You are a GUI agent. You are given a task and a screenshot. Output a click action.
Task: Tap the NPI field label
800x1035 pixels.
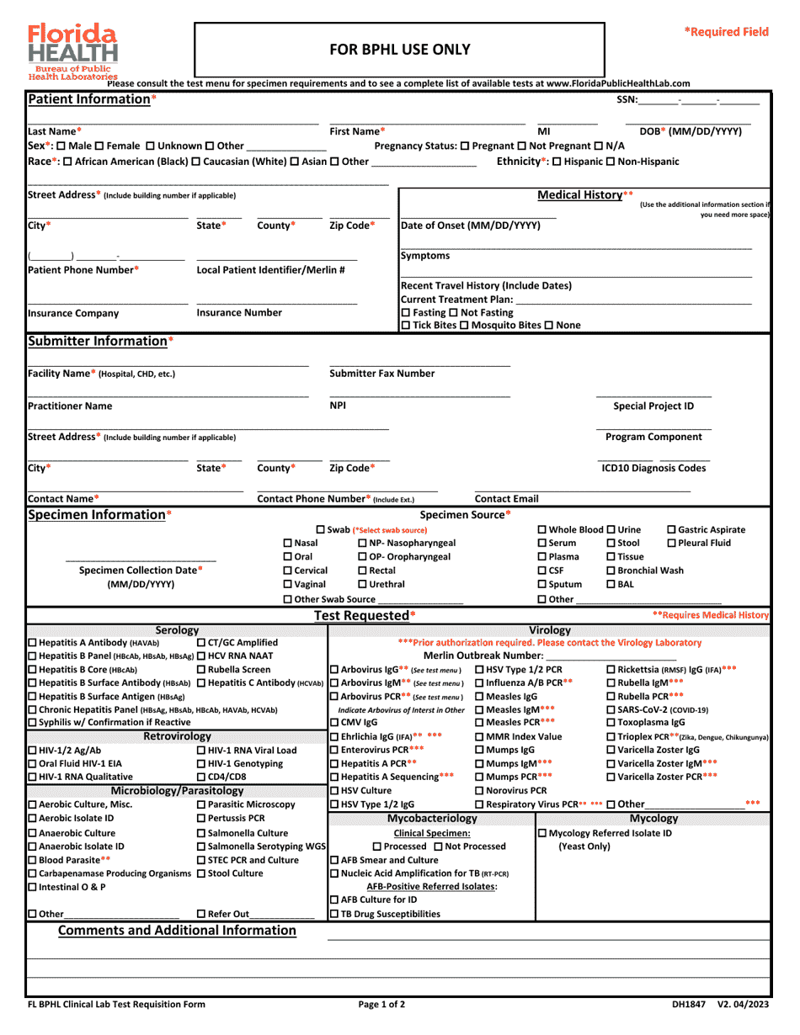click(x=338, y=406)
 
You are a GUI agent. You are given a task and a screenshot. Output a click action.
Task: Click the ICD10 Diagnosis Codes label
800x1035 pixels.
click(x=653, y=468)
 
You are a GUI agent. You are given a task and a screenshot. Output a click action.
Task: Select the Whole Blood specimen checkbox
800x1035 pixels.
click(x=542, y=529)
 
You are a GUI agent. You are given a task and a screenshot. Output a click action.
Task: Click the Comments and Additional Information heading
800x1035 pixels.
click(x=177, y=931)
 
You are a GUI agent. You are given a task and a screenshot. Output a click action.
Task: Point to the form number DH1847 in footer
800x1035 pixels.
click(x=688, y=1004)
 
